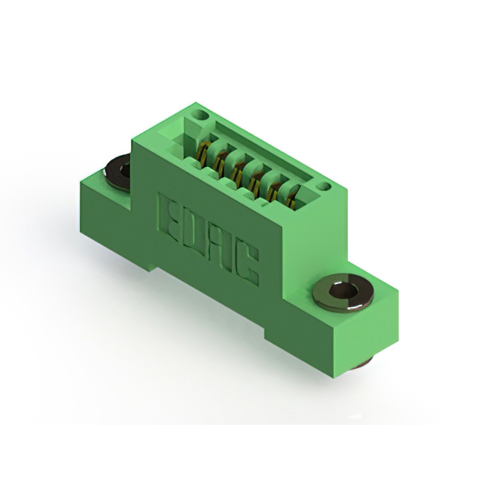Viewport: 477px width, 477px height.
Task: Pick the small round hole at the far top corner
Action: tap(200, 116)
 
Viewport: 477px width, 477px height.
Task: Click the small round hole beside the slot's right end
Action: tap(324, 186)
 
